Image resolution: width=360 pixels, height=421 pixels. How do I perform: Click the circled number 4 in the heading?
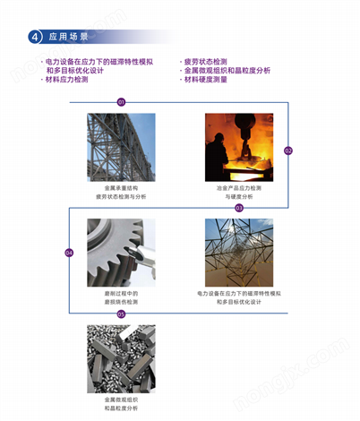[x=34, y=38]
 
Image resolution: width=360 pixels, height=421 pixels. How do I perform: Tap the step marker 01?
[x=121, y=102]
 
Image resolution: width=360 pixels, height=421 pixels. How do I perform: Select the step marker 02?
[x=288, y=150]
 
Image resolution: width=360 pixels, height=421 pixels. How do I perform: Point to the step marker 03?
[x=239, y=207]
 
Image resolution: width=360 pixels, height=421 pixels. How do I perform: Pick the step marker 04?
[x=69, y=253]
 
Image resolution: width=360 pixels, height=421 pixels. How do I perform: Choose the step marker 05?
[x=121, y=314]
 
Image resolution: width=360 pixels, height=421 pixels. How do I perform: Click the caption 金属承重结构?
[x=121, y=188]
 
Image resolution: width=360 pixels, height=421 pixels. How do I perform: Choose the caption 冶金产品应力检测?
[x=239, y=188]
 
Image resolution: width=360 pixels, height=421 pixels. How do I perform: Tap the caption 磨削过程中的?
[x=121, y=293]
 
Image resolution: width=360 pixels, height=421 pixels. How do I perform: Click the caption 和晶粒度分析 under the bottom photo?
[x=121, y=408]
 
